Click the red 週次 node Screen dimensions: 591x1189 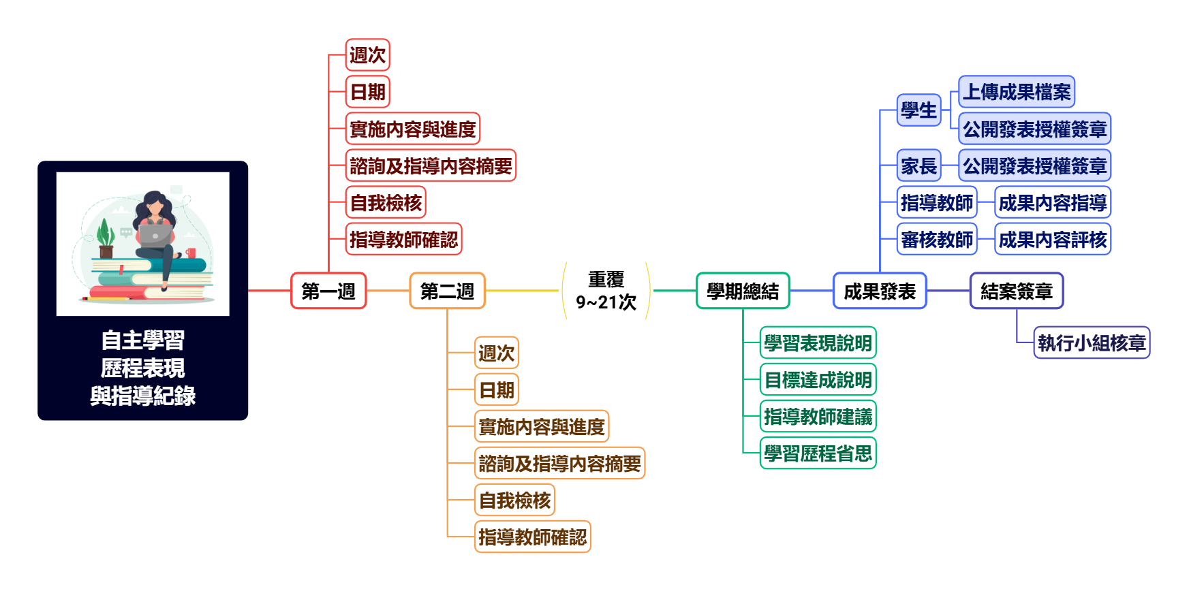click(367, 55)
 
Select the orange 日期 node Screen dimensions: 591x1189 click(497, 390)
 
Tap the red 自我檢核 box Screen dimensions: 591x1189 click(386, 202)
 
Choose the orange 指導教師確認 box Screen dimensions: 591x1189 click(533, 537)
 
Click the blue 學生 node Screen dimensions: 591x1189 click(918, 110)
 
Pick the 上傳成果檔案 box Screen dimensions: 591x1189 click(1017, 92)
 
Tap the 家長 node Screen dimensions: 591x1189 click(918, 165)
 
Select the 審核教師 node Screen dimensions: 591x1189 click(937, 239)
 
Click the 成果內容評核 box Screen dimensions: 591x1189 click(1053, 239)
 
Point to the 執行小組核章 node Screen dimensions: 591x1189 click(1092, 342)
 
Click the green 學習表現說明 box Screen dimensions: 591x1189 click(818, 342)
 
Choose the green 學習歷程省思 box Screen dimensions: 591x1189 click(818, 453)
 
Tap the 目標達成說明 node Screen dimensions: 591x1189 click(818, 379)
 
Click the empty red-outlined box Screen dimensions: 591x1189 click(328, 291)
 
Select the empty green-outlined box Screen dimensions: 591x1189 click(743, 291)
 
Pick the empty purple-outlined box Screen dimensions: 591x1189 click(1016, 291)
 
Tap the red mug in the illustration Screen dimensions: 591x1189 click(191, 253)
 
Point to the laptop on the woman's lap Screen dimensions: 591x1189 click(155, 235)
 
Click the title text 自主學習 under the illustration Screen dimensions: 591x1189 click(143, 340)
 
